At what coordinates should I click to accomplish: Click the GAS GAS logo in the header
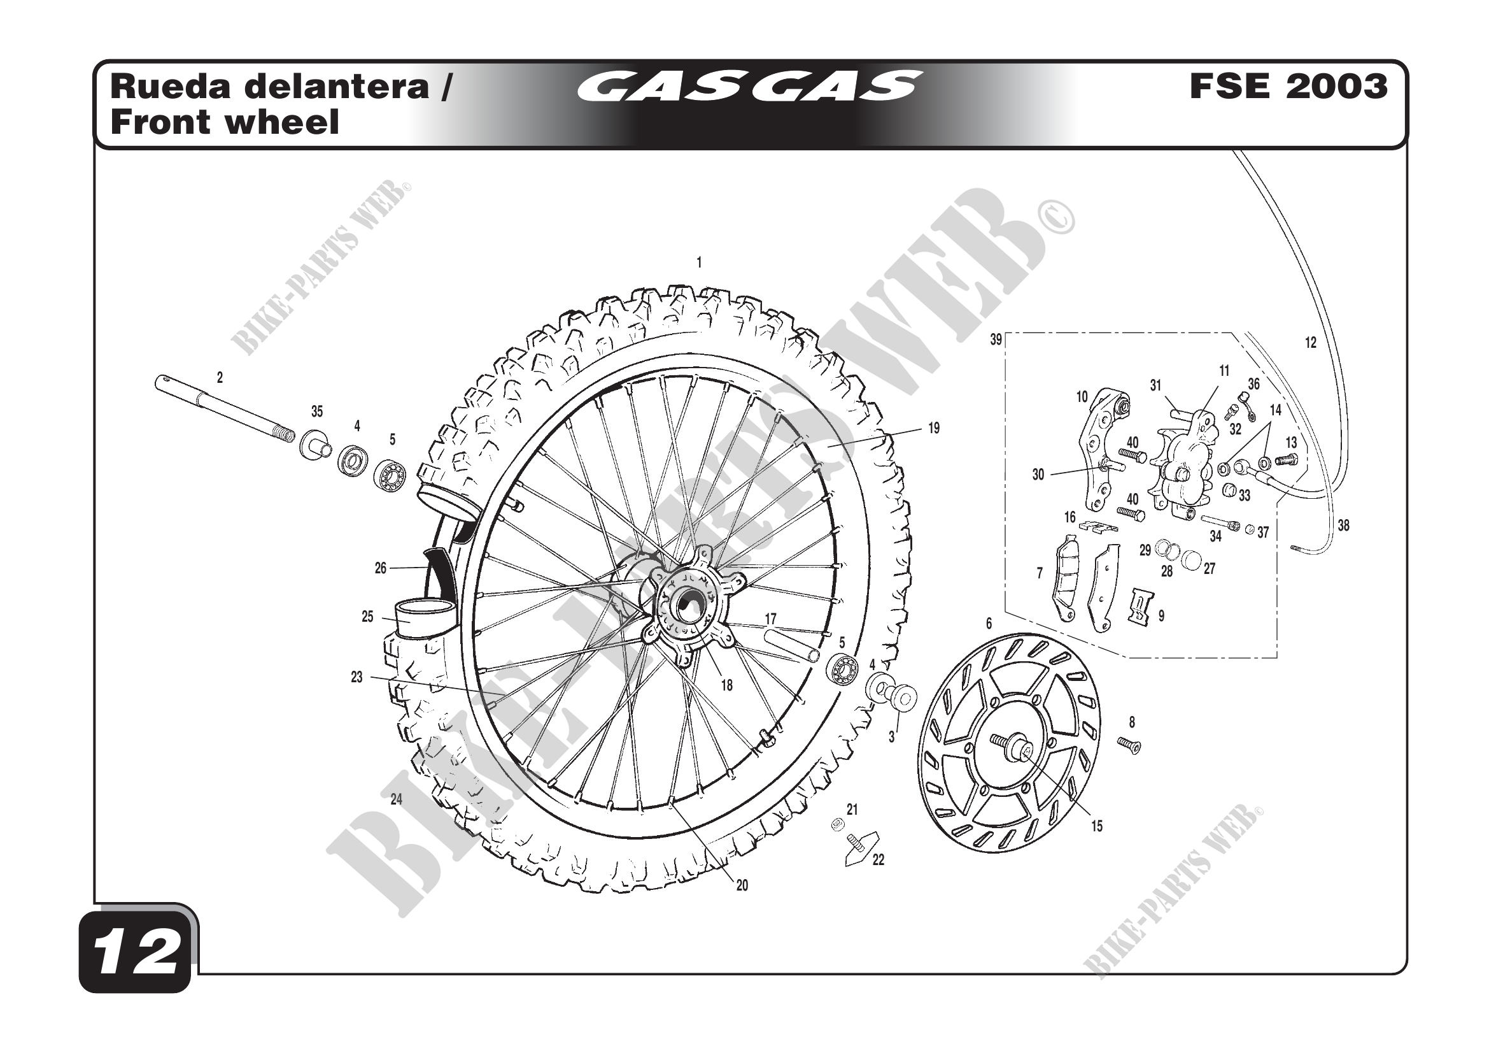click(x=749, y=86)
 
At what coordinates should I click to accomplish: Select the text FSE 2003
click(x=1288, y=87)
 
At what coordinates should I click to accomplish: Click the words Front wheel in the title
click(x=225, y=122)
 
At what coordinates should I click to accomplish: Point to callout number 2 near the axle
click(x=220, y=378)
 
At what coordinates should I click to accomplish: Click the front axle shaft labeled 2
click(x=220, y=407)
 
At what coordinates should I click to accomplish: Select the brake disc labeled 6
click(x=1009, y=743)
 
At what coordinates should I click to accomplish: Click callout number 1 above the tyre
click(x=699, y=262)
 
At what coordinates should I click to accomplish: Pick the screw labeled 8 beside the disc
click(x=1129, y=745)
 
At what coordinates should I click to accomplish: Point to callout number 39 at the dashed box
click(x=996, y=340)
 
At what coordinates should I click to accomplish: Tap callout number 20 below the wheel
click(x=742, y=885)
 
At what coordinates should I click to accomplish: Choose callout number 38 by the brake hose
click(x=1343, y=526)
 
